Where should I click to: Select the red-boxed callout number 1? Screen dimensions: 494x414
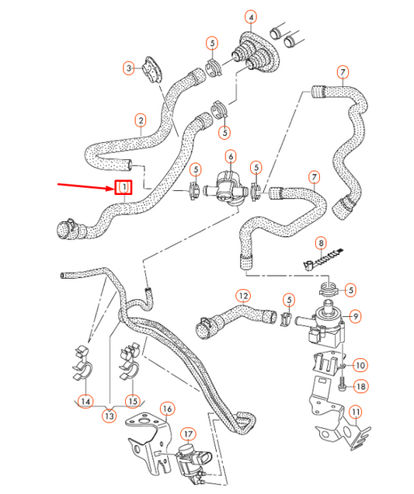[x=123, y=188]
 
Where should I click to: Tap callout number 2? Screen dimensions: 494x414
[x=141, y=120]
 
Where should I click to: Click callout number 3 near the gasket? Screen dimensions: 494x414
[x=130, y=68]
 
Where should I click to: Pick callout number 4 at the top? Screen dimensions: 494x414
[x=250, y=16]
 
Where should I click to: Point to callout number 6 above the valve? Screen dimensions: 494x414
[x=230, y=157]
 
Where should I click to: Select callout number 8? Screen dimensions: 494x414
[x=321, y=244]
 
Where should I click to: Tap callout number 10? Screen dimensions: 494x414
[x=360, y=364]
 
